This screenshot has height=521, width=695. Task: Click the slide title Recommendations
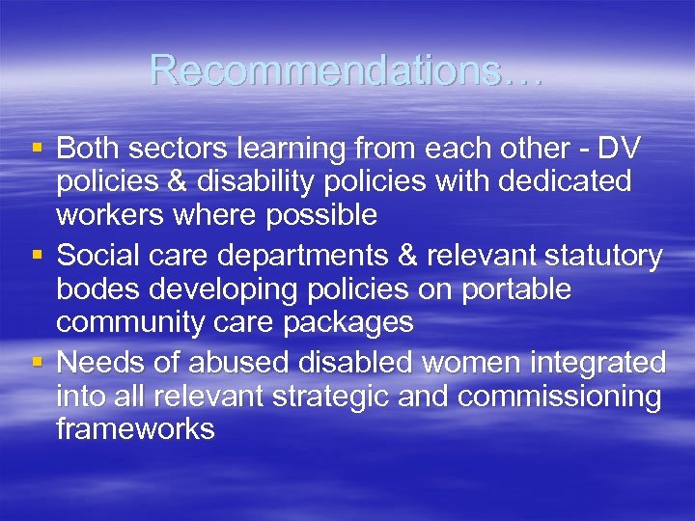click(346, 70)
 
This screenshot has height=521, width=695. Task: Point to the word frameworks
click(135, 428)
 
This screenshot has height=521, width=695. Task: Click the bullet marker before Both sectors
click(37, 149)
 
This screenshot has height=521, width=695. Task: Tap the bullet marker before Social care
click(37, 256)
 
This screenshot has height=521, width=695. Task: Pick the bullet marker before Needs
click(37, 363)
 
